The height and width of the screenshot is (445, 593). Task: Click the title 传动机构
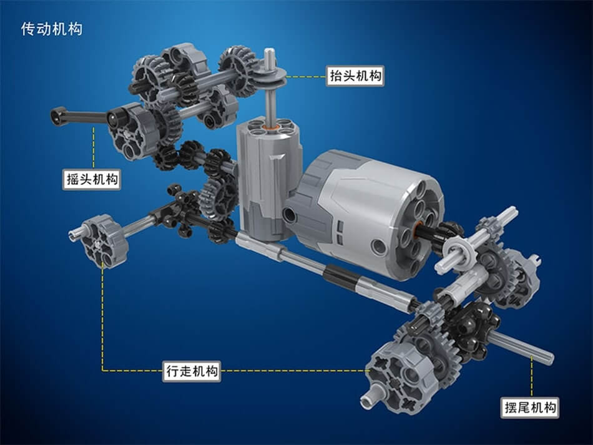coord(51,29)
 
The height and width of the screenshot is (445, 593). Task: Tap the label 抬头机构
coord(355,76)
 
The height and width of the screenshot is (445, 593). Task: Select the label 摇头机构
coord(92,179)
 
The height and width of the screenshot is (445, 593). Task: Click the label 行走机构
coord(192,371)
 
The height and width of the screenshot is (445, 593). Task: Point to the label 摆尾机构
coord(530,408)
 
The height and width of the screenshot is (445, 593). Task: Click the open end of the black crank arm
coord(57,115)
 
